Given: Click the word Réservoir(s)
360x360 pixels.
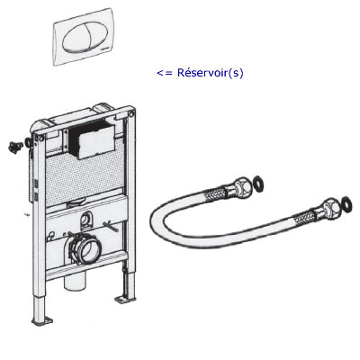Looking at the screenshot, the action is (x=211, y=73).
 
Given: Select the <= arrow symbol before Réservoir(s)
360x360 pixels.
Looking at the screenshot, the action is (x=165, y=73).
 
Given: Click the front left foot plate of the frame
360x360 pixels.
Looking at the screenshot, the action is (x=42, y=320).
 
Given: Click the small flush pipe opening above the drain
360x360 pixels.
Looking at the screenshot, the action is (x=86, y=220).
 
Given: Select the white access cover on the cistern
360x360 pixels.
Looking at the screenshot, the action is (x=95, y=142).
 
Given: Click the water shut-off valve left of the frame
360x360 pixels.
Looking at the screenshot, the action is (x=14, y=147).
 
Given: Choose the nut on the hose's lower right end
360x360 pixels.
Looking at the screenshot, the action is (x=330, y=207).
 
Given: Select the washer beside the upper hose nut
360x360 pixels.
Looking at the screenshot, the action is (x=257, y=184).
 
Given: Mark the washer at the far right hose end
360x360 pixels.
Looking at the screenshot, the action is (x=346, y=204).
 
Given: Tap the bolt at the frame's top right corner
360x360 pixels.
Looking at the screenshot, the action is (x=131, y=114).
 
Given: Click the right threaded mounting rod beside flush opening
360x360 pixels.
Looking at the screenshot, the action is (x=111, y=226).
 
